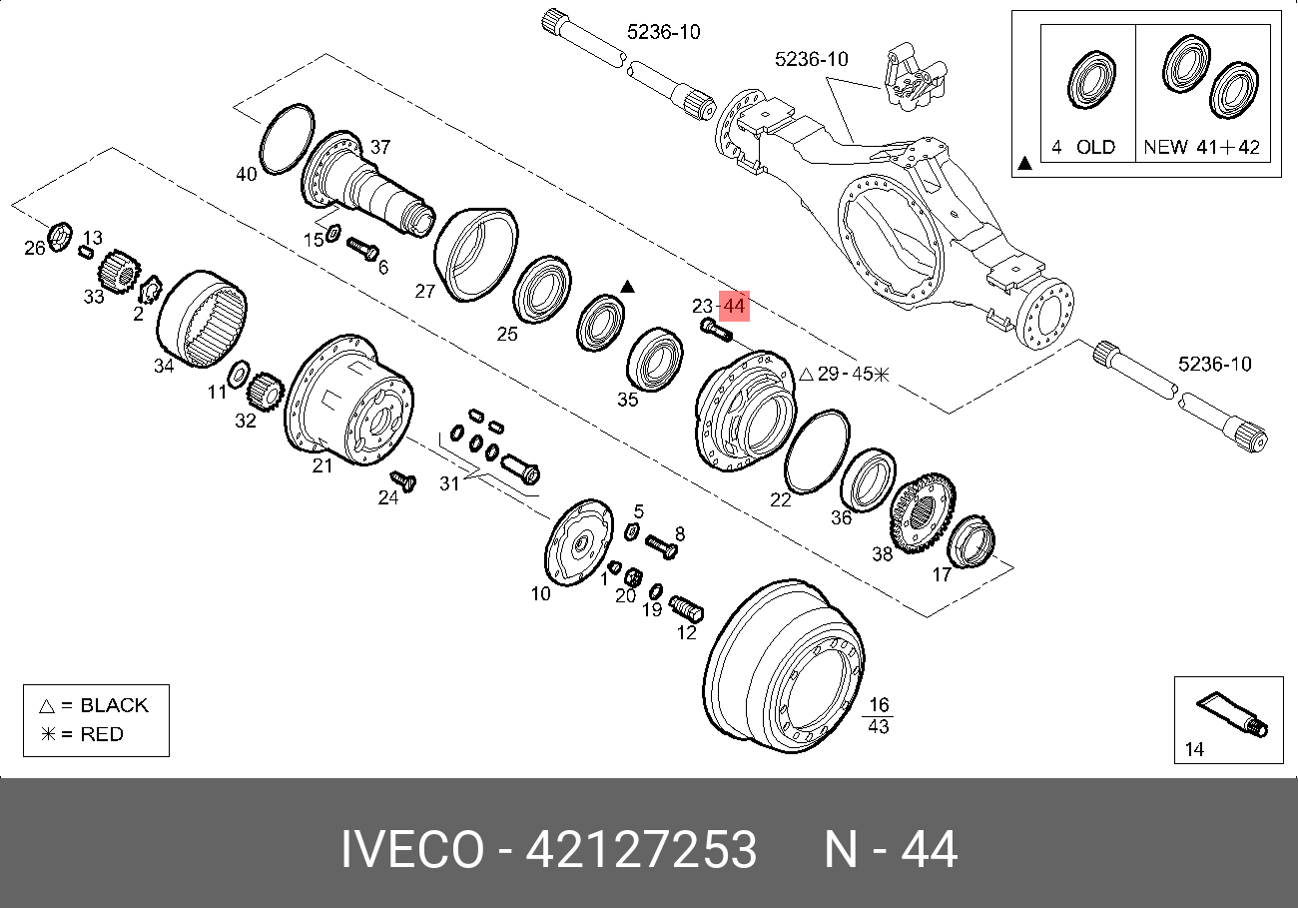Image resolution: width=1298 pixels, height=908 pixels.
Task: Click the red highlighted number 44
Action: point(734,306)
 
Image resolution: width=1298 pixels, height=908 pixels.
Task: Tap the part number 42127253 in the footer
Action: point(641,850)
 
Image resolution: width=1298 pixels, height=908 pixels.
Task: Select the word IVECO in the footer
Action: point(412,850)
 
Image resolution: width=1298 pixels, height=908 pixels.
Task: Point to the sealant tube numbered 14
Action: point(1232,715)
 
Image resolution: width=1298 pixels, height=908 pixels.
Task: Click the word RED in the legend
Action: point(102,734)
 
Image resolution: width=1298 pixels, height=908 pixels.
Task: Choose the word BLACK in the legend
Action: point(114,705)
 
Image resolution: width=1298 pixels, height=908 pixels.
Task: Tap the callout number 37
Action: point(380,147)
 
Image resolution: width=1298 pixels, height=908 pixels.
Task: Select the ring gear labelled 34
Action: point(203,319)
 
